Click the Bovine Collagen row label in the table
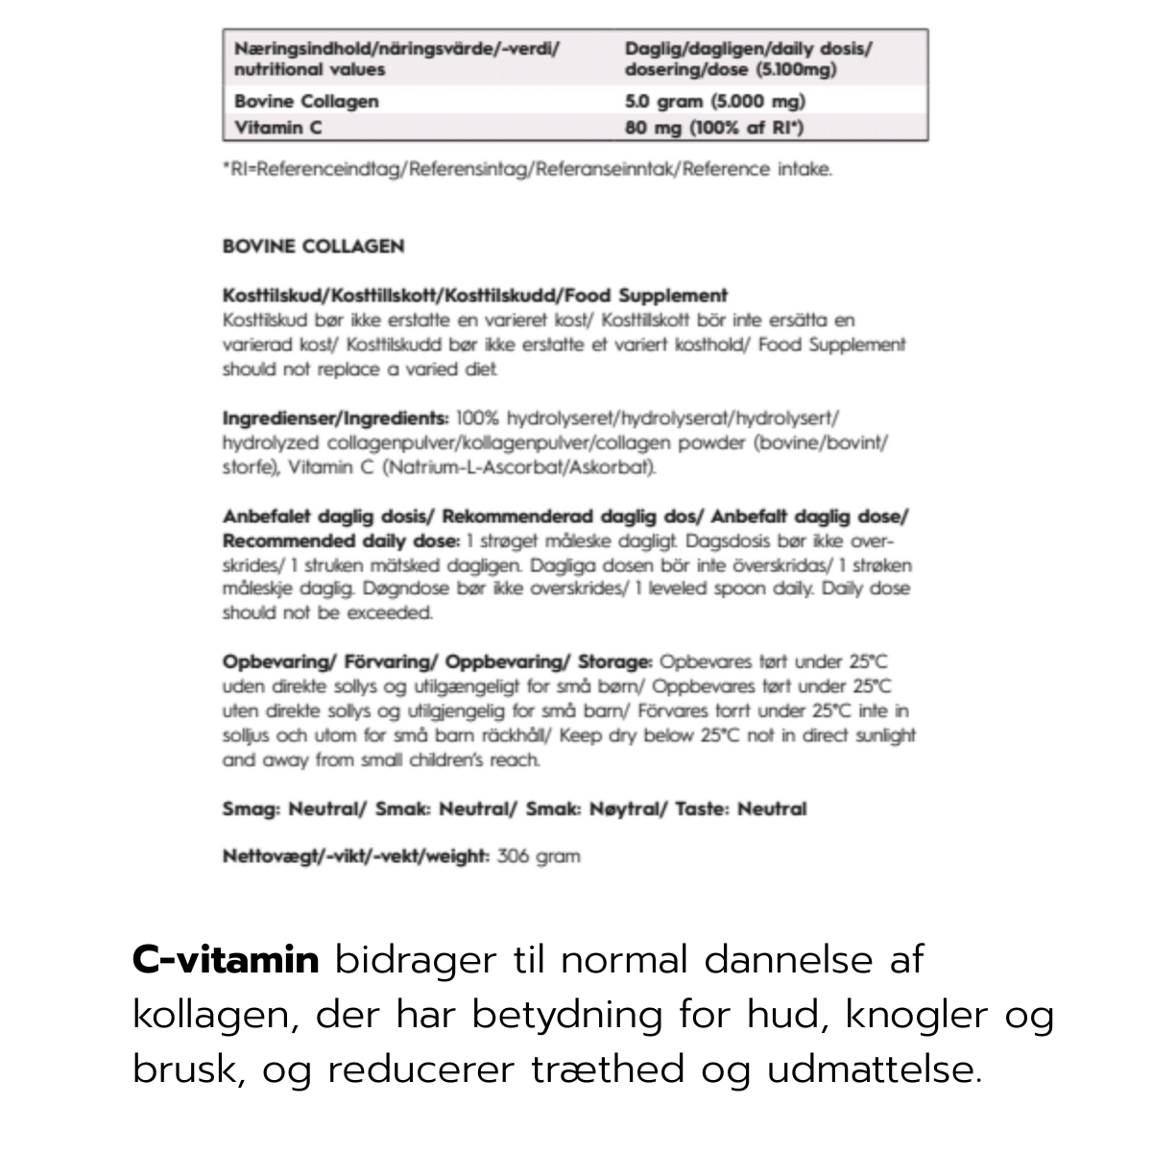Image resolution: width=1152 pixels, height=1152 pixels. tap(306, 101)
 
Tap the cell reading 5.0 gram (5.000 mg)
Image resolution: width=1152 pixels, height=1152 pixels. tap(715, 101)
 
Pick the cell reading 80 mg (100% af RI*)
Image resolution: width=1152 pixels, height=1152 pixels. tap(714, 127)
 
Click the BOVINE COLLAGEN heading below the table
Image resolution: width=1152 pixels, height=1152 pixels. tap(313, 246)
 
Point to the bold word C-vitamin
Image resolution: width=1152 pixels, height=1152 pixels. tap(226, 959)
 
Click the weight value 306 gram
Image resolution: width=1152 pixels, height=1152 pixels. tap(539, 855)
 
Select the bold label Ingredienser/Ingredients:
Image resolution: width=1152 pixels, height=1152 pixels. tap(335, 419)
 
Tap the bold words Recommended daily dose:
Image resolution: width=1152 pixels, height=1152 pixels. tap(341, 540)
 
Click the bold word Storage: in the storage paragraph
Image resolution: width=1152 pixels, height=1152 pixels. tap(615, 661)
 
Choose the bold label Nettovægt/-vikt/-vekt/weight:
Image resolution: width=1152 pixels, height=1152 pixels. tap(356, 855)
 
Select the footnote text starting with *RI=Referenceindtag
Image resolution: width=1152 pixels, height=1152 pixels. tap(527, 170)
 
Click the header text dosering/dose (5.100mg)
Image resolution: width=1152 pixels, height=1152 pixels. tap(731, 69)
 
